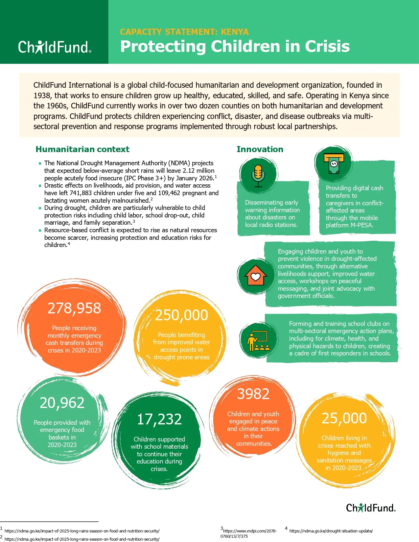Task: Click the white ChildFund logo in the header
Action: [x=55, y=47]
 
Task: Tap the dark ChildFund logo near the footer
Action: [x=371, y=508]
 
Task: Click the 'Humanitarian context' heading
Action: [x=82, y=149]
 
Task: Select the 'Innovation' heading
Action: [x=260, y=149]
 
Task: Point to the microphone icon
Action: [x=258, y=174]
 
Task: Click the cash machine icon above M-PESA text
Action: [x=334, y=163]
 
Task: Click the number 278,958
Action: [x=74, y=308]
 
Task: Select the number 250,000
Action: [x=181, y=315]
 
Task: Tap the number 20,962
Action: [x=62, y=403]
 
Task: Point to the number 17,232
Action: [x=159, y=419]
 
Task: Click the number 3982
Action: [x=253, y=394]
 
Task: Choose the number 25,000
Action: [x=344, y=418]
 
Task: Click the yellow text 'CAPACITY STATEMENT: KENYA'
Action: [x=184, y=32]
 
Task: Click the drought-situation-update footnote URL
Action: [x=331, y=531]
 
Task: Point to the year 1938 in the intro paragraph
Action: [x=42, y=96]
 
